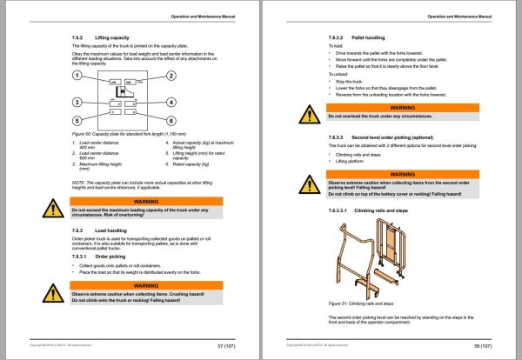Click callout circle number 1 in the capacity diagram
pos(77,77)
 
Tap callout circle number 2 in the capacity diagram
pos(172,77)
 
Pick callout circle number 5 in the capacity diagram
pos(77,121)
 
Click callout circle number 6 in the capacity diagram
pos(172,121)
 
